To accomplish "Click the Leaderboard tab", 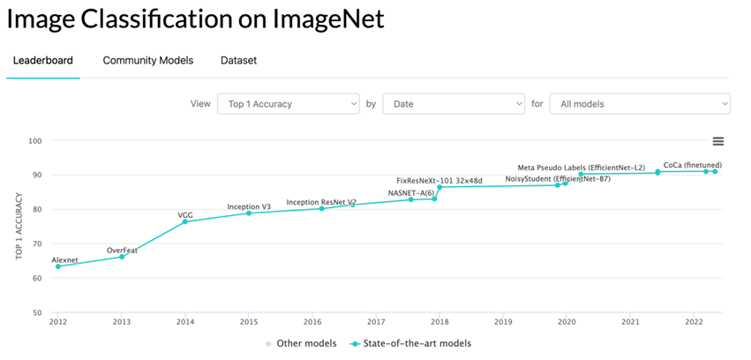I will click(42, 61).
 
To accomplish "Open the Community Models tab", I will click(147, 61).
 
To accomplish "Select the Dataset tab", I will click(238, 61).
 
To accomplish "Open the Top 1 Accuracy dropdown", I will click(288, 104).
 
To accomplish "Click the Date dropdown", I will click(453, 104).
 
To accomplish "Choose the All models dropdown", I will click(640, 104).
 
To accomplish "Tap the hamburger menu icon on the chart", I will click(717, 141).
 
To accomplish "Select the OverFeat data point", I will click(122, 257).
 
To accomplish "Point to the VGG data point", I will click(185, 221).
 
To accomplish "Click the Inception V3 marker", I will click(249, 214).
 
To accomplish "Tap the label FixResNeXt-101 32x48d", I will click(439, 180).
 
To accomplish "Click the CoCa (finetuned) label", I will click(693, 164).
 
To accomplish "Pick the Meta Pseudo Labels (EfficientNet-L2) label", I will click(581, 167).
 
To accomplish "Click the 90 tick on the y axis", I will click(35, 175).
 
